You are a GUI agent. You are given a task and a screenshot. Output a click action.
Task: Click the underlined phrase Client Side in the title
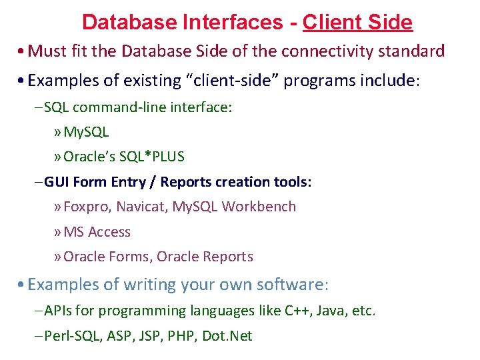(x=357, y=23)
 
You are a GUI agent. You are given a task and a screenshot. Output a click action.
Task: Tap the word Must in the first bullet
(x=45, y=52)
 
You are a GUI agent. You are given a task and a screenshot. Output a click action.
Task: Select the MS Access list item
(x=97, y=232)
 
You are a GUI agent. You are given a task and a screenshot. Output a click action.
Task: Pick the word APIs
(x=59, y=311)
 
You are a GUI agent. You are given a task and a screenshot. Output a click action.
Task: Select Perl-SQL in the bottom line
(x=71, y=336)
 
